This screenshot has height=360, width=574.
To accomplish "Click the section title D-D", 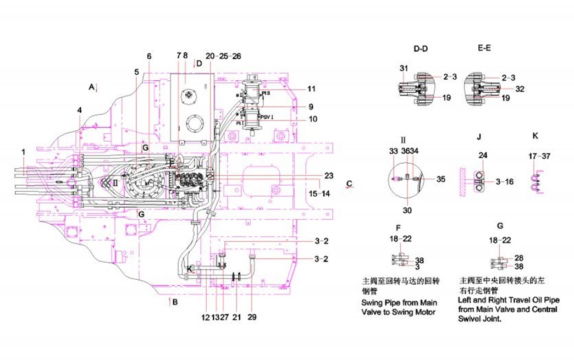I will point(421,49).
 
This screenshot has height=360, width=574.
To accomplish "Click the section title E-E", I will point(484,48).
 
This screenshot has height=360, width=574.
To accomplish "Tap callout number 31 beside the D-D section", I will point(404,68).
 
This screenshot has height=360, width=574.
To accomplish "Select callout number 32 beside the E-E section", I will point(521,88).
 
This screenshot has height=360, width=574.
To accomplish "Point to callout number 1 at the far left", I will point(24,151).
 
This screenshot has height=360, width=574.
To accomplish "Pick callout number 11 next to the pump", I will point(311,89).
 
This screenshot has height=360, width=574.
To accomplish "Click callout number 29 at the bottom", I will point(252,317).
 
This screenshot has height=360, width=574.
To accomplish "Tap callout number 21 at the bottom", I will point(236,317).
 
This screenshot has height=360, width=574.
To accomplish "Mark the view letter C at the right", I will point(349,182).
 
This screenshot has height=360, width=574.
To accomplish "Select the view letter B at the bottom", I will point(175,302).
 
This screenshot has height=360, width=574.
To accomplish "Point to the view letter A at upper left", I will point(92,86).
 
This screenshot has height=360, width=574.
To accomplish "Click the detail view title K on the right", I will point(536,135).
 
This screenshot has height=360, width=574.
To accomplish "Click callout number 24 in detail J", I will point(483,156).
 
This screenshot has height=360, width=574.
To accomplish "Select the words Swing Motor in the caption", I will point(417,312).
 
